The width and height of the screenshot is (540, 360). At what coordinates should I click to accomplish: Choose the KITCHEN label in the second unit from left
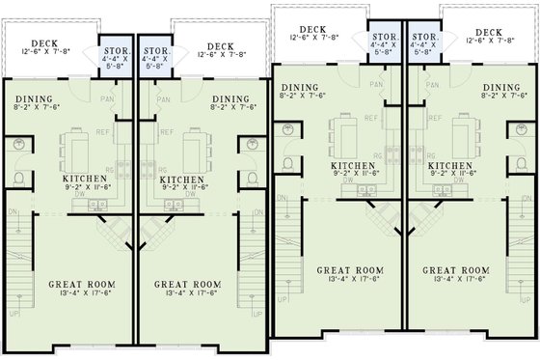point(181,180)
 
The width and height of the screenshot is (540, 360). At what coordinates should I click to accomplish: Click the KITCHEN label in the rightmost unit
point(450,166)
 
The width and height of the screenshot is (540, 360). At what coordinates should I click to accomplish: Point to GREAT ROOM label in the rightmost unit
point(455,271)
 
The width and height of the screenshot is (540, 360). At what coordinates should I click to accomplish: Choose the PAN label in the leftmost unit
point(108,98)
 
